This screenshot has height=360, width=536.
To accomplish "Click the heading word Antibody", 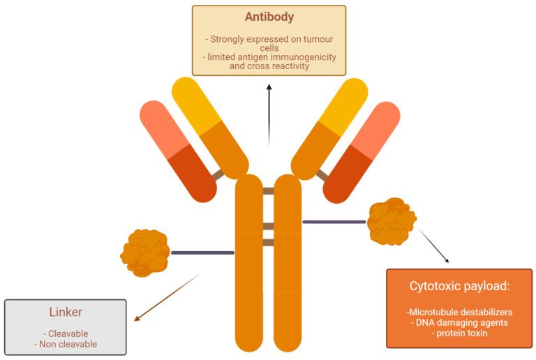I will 269,17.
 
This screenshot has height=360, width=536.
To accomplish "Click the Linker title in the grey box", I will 66,313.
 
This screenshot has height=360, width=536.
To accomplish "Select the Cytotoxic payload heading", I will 459,285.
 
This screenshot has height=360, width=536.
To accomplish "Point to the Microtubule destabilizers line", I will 459,312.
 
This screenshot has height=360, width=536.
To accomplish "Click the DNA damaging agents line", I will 459,323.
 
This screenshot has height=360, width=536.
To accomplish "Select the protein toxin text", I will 459,334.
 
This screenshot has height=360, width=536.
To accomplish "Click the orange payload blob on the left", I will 145,250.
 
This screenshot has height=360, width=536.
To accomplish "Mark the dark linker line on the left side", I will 202,253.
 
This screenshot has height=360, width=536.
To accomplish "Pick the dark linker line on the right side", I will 334,222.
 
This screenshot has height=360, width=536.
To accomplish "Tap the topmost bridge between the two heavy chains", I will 268,190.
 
